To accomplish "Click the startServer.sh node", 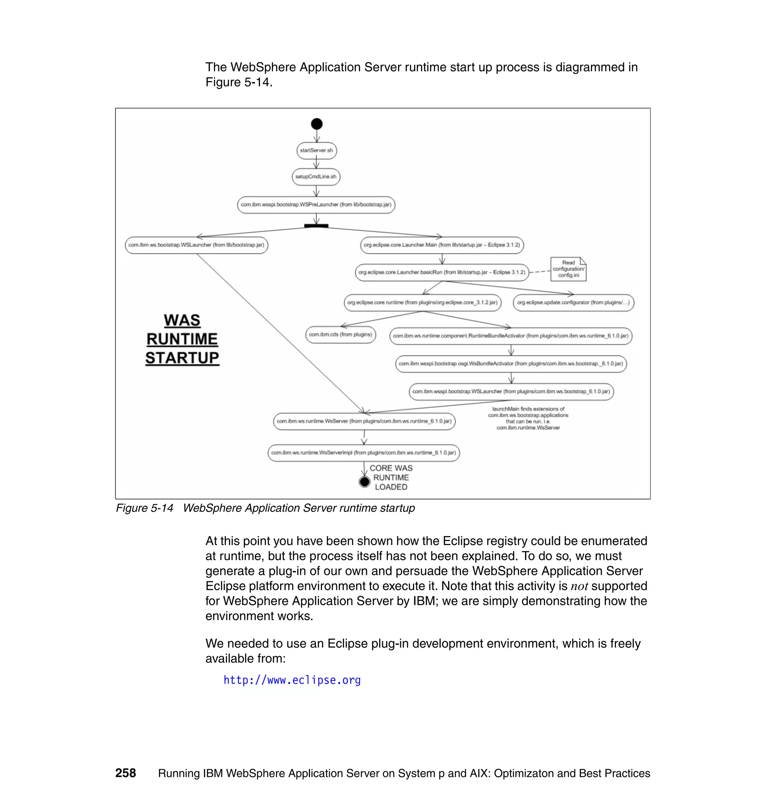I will (x=316, y=151).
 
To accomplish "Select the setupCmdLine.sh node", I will (x=316, y=177).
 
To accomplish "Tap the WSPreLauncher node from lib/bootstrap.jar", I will (x=316, y=205).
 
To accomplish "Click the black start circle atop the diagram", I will (x=317, y=124).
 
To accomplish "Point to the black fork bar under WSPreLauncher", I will (x=316, y=226).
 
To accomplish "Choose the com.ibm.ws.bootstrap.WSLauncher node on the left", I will (x=196, y=245).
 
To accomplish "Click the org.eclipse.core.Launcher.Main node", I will (x=442, y=245).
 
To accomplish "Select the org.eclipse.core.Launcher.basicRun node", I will (x=442, y=272).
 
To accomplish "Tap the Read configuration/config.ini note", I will (x=569, y=269).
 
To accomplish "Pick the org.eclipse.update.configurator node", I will (x=573, y=303).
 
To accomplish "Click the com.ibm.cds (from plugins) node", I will (x=340, y=335).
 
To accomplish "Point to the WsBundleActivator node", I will (x=511, y=364).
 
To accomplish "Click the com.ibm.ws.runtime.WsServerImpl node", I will (x=364, y=453).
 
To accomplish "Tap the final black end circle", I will (x=365, y=482).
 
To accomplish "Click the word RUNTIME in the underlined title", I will (x=182, y=339).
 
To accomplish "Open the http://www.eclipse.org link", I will (x=292, y=680).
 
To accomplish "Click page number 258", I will (x=125, y=773).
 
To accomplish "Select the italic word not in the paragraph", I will (x=579, y=587).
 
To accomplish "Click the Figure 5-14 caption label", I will (x=144, y=508).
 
